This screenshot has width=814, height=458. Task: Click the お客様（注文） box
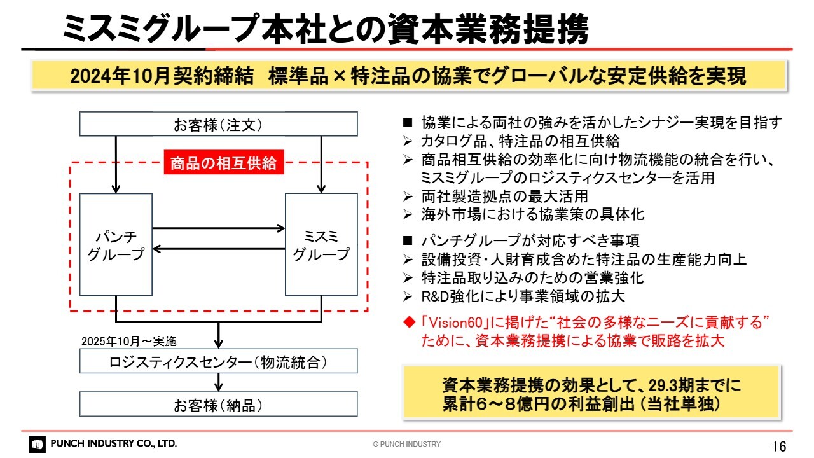[x=218, y=124]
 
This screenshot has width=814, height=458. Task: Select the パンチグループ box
[x=116, y=244]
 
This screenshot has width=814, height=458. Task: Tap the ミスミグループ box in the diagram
[x=321, y=244]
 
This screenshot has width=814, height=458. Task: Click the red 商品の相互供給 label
[x=224, y=162]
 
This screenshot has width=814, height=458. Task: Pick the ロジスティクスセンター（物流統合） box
[x=218, y=361]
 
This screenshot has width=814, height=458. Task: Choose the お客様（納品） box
[x=218, y=404]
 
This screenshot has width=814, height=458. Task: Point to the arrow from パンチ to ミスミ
[x=218, y=228]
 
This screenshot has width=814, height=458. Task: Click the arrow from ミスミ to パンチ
[x=218, y=249]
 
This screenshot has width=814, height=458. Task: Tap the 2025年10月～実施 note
[x=129, y=342]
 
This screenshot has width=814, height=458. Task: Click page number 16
[x=779, y=446]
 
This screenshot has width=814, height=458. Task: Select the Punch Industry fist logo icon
[x=37, y=444]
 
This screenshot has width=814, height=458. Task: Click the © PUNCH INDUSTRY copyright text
[x=406, y=444]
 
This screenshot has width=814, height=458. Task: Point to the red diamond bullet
[x=409, y=322]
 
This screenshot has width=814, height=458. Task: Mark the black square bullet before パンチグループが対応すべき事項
[x=408, y=240]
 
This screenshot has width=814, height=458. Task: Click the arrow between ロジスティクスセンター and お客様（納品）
[x=218, y=382]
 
